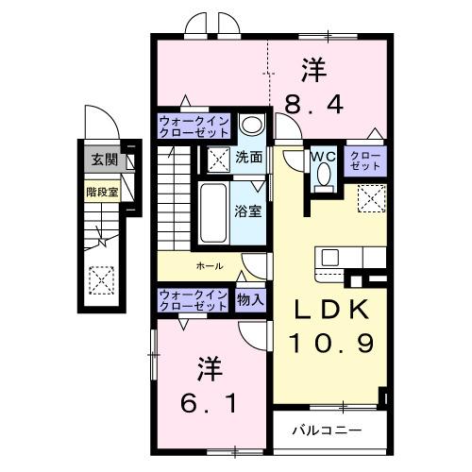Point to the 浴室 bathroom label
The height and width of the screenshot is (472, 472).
pyautogui.click(x=248, y=211)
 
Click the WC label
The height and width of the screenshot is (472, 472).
pyautogui.click(x=323, y=157)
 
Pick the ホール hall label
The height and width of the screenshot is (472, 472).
pyautogui.click(x=209, y=266)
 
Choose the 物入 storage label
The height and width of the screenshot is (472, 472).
pyautogui.click(x=250, y=299)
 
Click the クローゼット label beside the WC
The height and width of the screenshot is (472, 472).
pyautogui.click(x=366, y=160)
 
